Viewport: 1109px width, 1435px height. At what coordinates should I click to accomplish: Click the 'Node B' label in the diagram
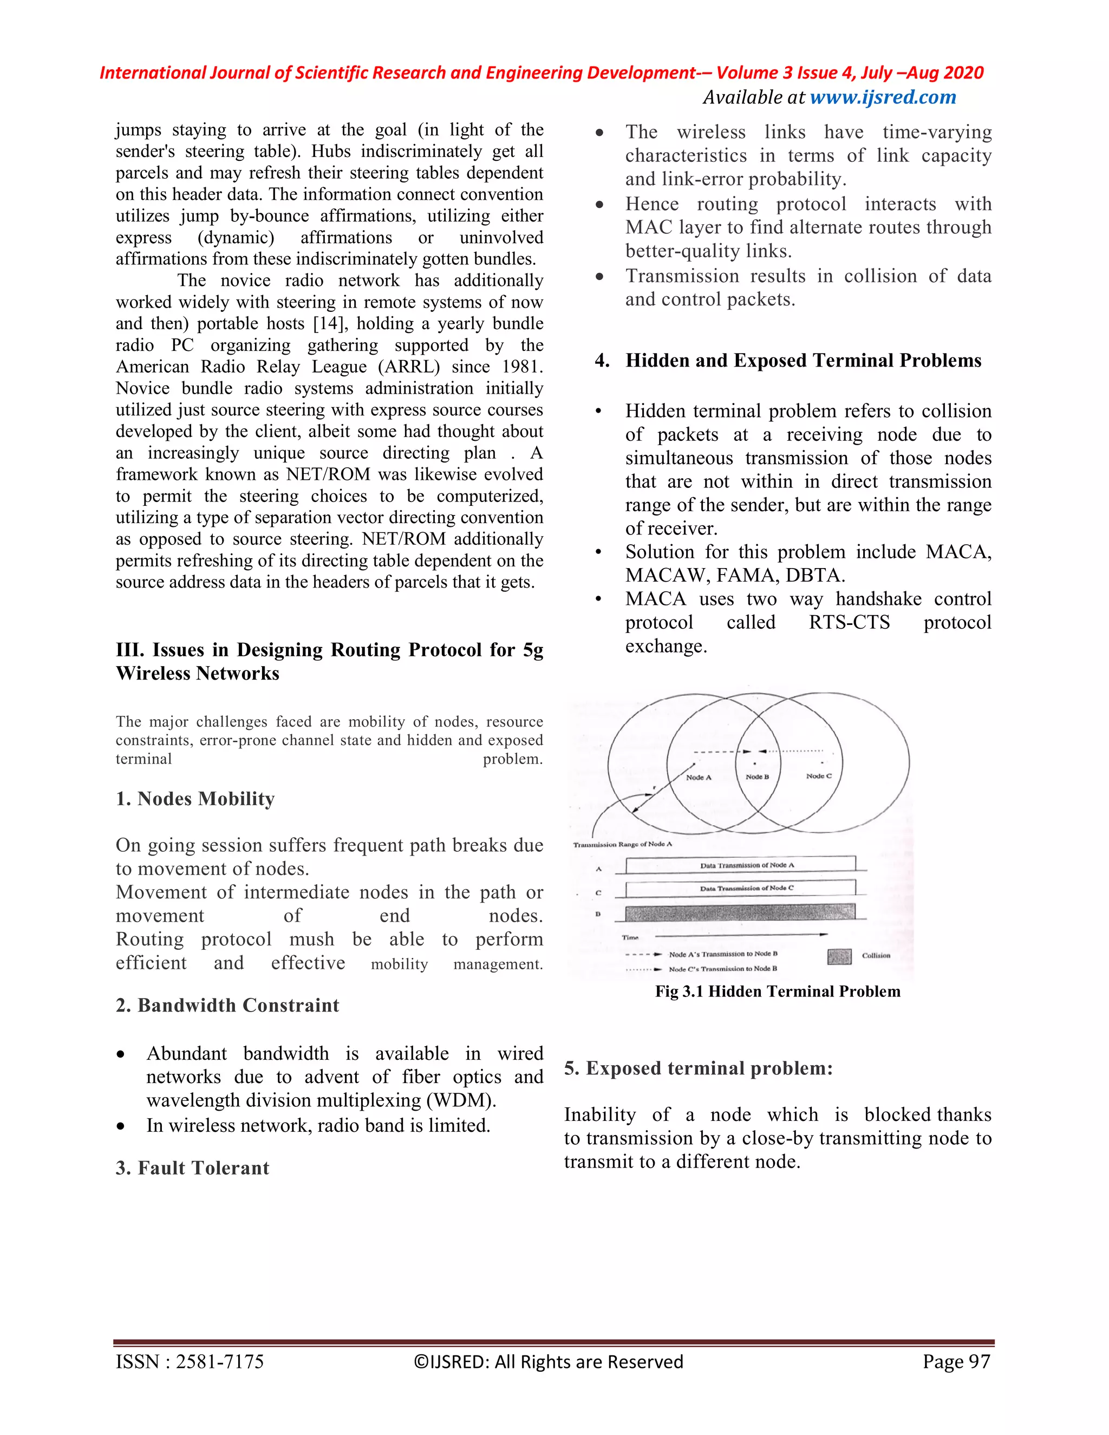point(757,777)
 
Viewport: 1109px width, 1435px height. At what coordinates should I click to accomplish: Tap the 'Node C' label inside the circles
point(819,776)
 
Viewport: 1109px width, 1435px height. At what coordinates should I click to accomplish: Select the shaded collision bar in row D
point(740,912)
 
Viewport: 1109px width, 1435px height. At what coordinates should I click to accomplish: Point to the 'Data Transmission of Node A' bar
point(740,865)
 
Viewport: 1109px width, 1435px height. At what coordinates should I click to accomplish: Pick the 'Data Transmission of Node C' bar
point(740,888)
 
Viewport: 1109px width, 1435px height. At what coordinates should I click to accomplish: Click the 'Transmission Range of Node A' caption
point(622,844)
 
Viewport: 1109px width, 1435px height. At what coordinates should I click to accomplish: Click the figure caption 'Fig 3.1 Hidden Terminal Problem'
point(777,992)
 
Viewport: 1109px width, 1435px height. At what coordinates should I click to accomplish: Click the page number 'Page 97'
point(955,1361)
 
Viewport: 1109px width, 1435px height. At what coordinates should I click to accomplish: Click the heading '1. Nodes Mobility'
point(195,799)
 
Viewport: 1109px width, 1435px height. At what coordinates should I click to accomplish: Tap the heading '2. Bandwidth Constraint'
point(227,1005)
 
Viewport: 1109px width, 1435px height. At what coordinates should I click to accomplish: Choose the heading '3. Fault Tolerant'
point(192,1167)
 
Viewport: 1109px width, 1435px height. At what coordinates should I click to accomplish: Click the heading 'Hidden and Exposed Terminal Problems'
point(803,361)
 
